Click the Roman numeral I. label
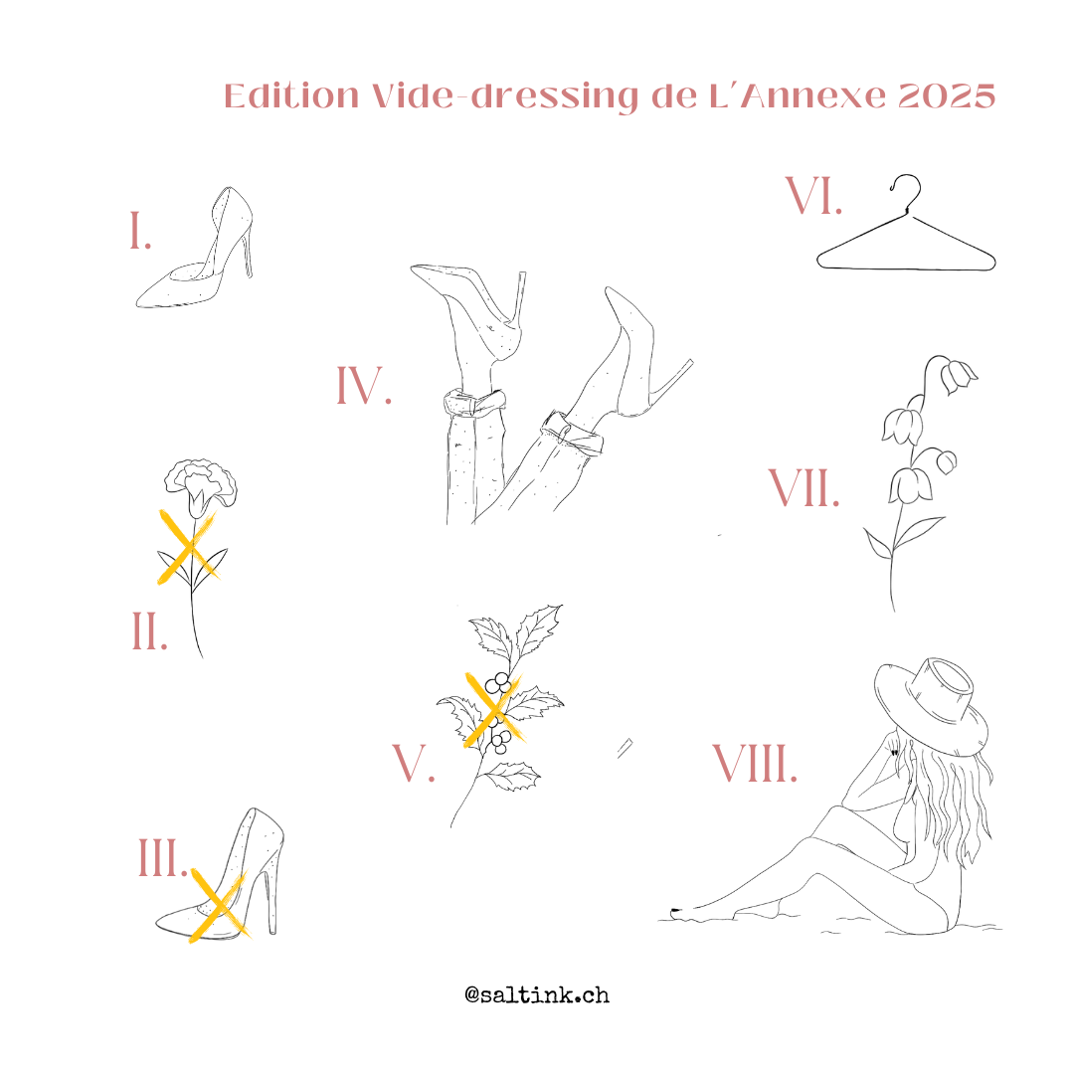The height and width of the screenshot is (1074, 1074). pyautogui.click(x=140, y=231)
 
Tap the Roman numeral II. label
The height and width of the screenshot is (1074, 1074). pyautogui.click(x=149, y=630)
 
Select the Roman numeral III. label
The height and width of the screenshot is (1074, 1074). pyautogui.click(x=163, y=857)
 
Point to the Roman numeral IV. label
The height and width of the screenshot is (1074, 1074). pyautogui.click(x=364, y=385)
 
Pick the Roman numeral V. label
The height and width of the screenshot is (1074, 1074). pyautogui.click(x=413, y=763)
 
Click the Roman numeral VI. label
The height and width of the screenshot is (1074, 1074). pyautogui.click(x=813, y=196)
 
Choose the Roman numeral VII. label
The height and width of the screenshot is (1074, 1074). pyautogui.click(x=805, y=488)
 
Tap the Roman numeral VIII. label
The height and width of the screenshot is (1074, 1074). pyautogui.click(x=756, y=763)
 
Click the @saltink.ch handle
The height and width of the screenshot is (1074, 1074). pyautogui.click(x=537, y=994)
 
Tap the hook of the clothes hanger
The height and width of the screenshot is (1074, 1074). pyautogui.click(x=907, y=192)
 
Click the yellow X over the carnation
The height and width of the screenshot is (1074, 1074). pyautogui.click(x=187, y=547)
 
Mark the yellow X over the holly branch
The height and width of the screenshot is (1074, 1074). pyautogui.click(x=493, y=710)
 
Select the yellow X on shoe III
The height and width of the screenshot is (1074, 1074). pyautogui.click(x=218, y=906)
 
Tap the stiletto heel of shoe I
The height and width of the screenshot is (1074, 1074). pyautogui.click(x=246, y=255)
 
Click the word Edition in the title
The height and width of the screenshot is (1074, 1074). pyautogui.click(x=291, y=95)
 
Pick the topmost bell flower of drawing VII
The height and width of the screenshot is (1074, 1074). pyautogui.click(x=958, y=377)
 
